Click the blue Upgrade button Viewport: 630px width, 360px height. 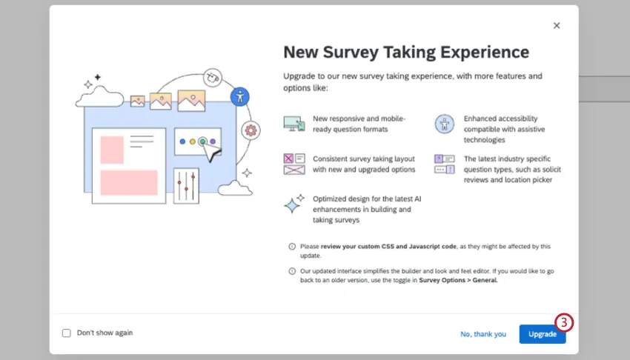tap(542, 334)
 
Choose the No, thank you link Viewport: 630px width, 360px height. tap(483, 334)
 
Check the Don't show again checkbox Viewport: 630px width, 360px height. tap(67, 333)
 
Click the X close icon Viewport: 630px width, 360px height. tap(557, 25)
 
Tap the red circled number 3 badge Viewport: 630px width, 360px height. tap(564, 322)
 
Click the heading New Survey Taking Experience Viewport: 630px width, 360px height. tap(406, 52)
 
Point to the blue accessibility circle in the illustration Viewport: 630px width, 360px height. tap(239, 96)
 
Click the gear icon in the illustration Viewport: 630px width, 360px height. tap(251, 130)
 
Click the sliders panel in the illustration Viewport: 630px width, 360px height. tap(186, 185)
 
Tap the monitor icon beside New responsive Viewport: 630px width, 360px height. tap(294, 124)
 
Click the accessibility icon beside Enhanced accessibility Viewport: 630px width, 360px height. tap(443, 124)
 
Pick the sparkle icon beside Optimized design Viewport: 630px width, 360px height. tap(294, 204)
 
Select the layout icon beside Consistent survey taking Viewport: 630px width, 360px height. tap(294, 164)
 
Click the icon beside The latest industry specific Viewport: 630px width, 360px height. tap(444, 164)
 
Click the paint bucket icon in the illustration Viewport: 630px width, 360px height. tap(213, 76)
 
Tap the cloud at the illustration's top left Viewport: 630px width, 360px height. tap(99, 95)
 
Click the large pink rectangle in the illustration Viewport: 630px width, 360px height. tap(129, 182)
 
